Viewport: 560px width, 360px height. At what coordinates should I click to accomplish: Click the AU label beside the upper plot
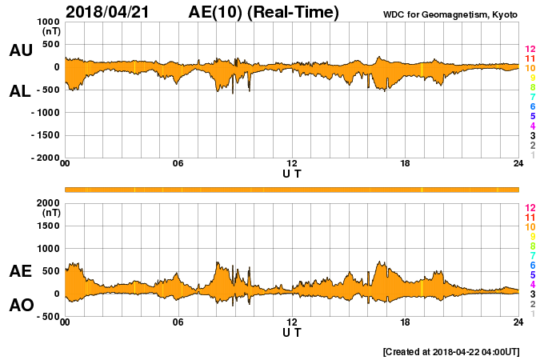click(20, 50)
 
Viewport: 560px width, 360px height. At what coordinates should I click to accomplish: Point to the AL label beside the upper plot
click(20, 91)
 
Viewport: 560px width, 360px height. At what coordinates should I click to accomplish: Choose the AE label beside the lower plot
click(20, 271)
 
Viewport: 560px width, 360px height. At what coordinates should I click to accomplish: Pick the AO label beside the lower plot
click(20, 305)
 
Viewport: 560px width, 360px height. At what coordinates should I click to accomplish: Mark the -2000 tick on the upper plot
click(45, 158)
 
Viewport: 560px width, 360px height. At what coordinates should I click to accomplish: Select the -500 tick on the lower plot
click(47, 316)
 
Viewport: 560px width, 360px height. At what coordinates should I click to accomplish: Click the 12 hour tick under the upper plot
click(292, 163)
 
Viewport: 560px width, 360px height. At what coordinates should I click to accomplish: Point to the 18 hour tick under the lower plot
click(406, 322)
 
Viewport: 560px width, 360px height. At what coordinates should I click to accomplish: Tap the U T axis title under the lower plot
click(292, 331)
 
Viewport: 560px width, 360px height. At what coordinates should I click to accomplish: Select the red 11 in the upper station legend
click(530, 58)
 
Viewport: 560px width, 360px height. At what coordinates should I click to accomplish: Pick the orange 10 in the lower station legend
click(530, 226)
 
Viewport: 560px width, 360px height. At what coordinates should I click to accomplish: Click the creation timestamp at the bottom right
click(451, 351)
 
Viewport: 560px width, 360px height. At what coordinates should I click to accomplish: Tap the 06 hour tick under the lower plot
click(178, 322)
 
